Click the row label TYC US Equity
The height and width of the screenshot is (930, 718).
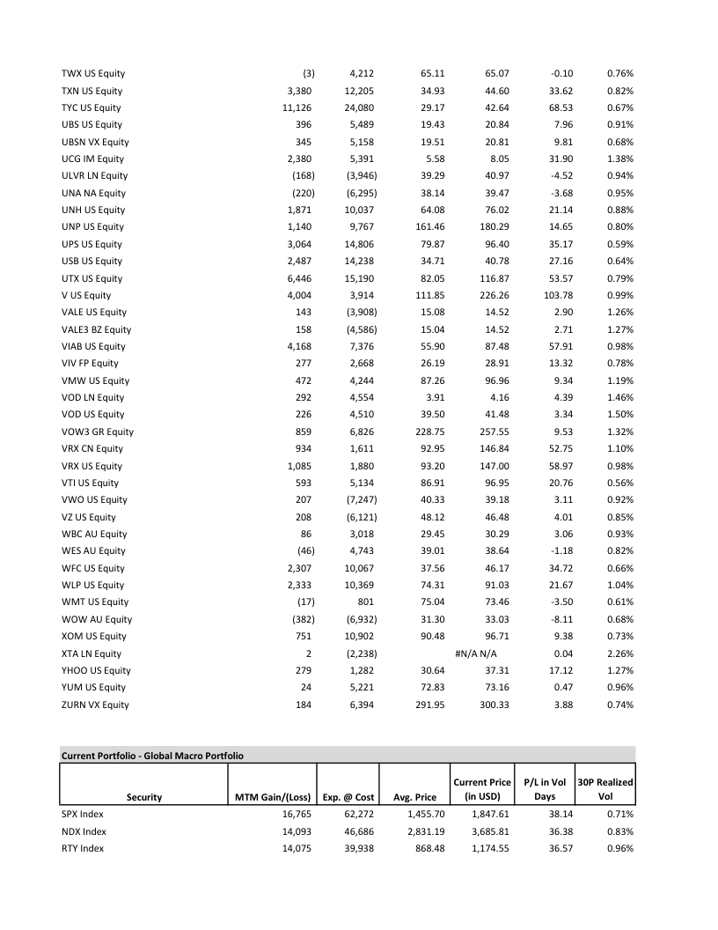92,107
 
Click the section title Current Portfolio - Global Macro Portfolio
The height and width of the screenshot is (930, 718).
152,755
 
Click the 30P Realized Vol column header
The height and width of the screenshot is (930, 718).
604,789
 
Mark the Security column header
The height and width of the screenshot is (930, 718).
144,797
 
